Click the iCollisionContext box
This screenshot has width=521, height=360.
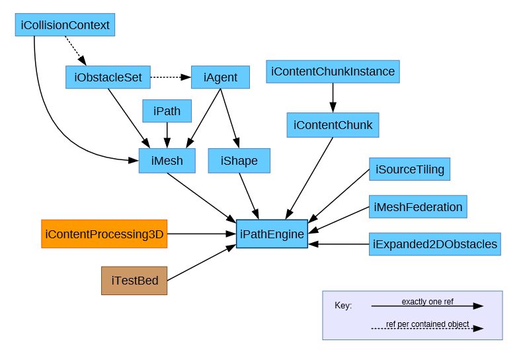coord(65,25)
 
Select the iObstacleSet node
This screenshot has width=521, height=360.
coord(108,77)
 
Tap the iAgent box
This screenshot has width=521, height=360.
coord(220,77)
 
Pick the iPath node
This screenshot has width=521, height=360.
coord(167,111)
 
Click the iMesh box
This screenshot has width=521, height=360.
coord(167,161)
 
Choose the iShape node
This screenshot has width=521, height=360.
coord(239,161)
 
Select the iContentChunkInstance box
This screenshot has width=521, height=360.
coord(333,71)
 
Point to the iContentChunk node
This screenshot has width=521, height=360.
coord(333,125)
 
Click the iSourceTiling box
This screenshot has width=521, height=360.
coord(409,169)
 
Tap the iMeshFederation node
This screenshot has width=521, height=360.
coord(418,207)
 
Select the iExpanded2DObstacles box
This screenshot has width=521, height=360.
coord(434,244)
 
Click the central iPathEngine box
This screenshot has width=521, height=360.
coord(272,234)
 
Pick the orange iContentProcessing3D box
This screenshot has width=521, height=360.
coord(104,234)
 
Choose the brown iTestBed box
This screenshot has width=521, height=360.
coord(134,281)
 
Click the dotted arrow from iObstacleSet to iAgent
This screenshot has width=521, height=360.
coord(171,77)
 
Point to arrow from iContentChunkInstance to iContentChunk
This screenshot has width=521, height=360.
coord(333,97)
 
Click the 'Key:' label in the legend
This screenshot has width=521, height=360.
coord(343,306)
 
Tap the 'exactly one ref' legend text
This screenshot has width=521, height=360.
coord(427,302)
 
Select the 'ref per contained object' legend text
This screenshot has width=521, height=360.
coord(427,324)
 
